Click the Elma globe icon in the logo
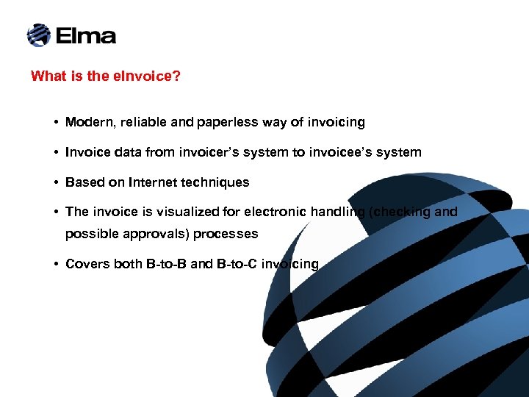(x=38, y=35)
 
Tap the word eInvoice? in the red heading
(x=147, y=76)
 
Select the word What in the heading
(x=47, y=76)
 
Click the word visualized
(x=184, y=212)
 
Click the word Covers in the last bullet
(x=87, y=264)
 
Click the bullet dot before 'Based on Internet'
(x=56, y=182)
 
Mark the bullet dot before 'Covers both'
(x=56, y=264)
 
